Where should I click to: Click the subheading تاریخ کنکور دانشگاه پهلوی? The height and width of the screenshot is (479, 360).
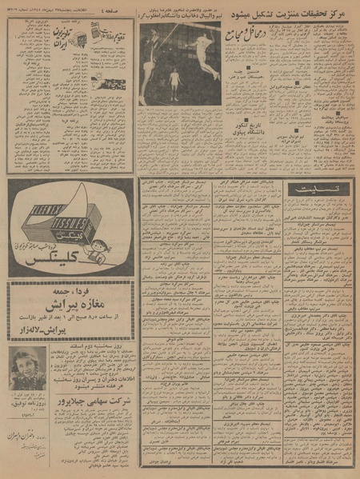pyautogui.click(x=255, y=127)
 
